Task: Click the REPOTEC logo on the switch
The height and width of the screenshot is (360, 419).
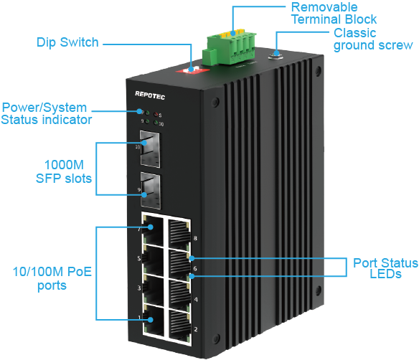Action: [150, 95]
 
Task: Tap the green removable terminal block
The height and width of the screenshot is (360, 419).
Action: [229, 48]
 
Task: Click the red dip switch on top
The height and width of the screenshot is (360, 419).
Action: [192, 70]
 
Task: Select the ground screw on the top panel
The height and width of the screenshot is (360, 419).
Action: [276, 56]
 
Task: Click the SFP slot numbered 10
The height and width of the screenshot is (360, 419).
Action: [150, 149]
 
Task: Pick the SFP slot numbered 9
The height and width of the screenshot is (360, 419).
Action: [151, 191]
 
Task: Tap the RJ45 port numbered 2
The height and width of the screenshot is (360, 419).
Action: [179, 326]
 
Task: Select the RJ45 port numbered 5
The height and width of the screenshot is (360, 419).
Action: [153, 260]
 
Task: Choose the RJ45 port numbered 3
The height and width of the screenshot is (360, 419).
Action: [154, 290]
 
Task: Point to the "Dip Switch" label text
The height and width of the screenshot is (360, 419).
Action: [67, 42]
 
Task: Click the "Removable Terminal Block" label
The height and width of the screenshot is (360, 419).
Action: [334, 13]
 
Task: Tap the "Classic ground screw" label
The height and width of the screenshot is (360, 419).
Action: [373, 39]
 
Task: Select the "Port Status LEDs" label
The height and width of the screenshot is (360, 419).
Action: [385, 268]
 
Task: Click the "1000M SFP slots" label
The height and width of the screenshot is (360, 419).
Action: [64, 171]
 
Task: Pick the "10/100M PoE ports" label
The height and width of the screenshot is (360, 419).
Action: [52, 278]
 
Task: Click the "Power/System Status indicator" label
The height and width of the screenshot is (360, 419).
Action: [46, 113]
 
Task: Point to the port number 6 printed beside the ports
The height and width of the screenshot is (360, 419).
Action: [195, 268]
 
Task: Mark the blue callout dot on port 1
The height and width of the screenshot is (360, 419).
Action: [151, 320]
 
